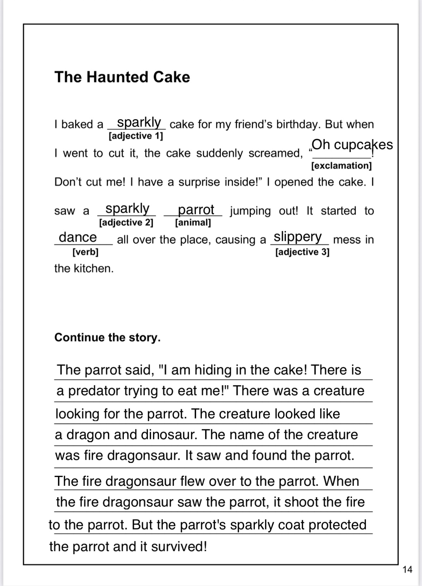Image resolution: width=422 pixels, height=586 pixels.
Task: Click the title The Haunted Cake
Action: tap(122, 77)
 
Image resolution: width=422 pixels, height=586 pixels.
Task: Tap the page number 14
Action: tap(407, 569)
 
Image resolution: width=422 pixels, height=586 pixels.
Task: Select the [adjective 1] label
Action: tap(136, 136)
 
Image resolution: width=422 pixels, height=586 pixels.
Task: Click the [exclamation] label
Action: tap(341, 166)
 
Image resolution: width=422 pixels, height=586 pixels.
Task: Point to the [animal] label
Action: tap(193, 223)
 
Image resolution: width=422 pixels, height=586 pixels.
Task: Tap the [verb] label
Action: tap(85, 252)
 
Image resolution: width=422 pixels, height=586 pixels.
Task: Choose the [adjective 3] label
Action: tap(302, 252)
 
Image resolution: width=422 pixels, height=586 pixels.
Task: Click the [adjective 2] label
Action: tap(126, 223)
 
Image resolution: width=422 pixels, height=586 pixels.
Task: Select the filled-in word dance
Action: tap(78, 237)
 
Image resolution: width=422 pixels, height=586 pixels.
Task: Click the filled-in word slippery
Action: tap(297, 237)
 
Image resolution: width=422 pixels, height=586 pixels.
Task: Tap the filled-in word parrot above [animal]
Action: tap(196, 210)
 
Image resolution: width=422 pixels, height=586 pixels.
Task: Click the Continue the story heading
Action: tap(107, 337)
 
